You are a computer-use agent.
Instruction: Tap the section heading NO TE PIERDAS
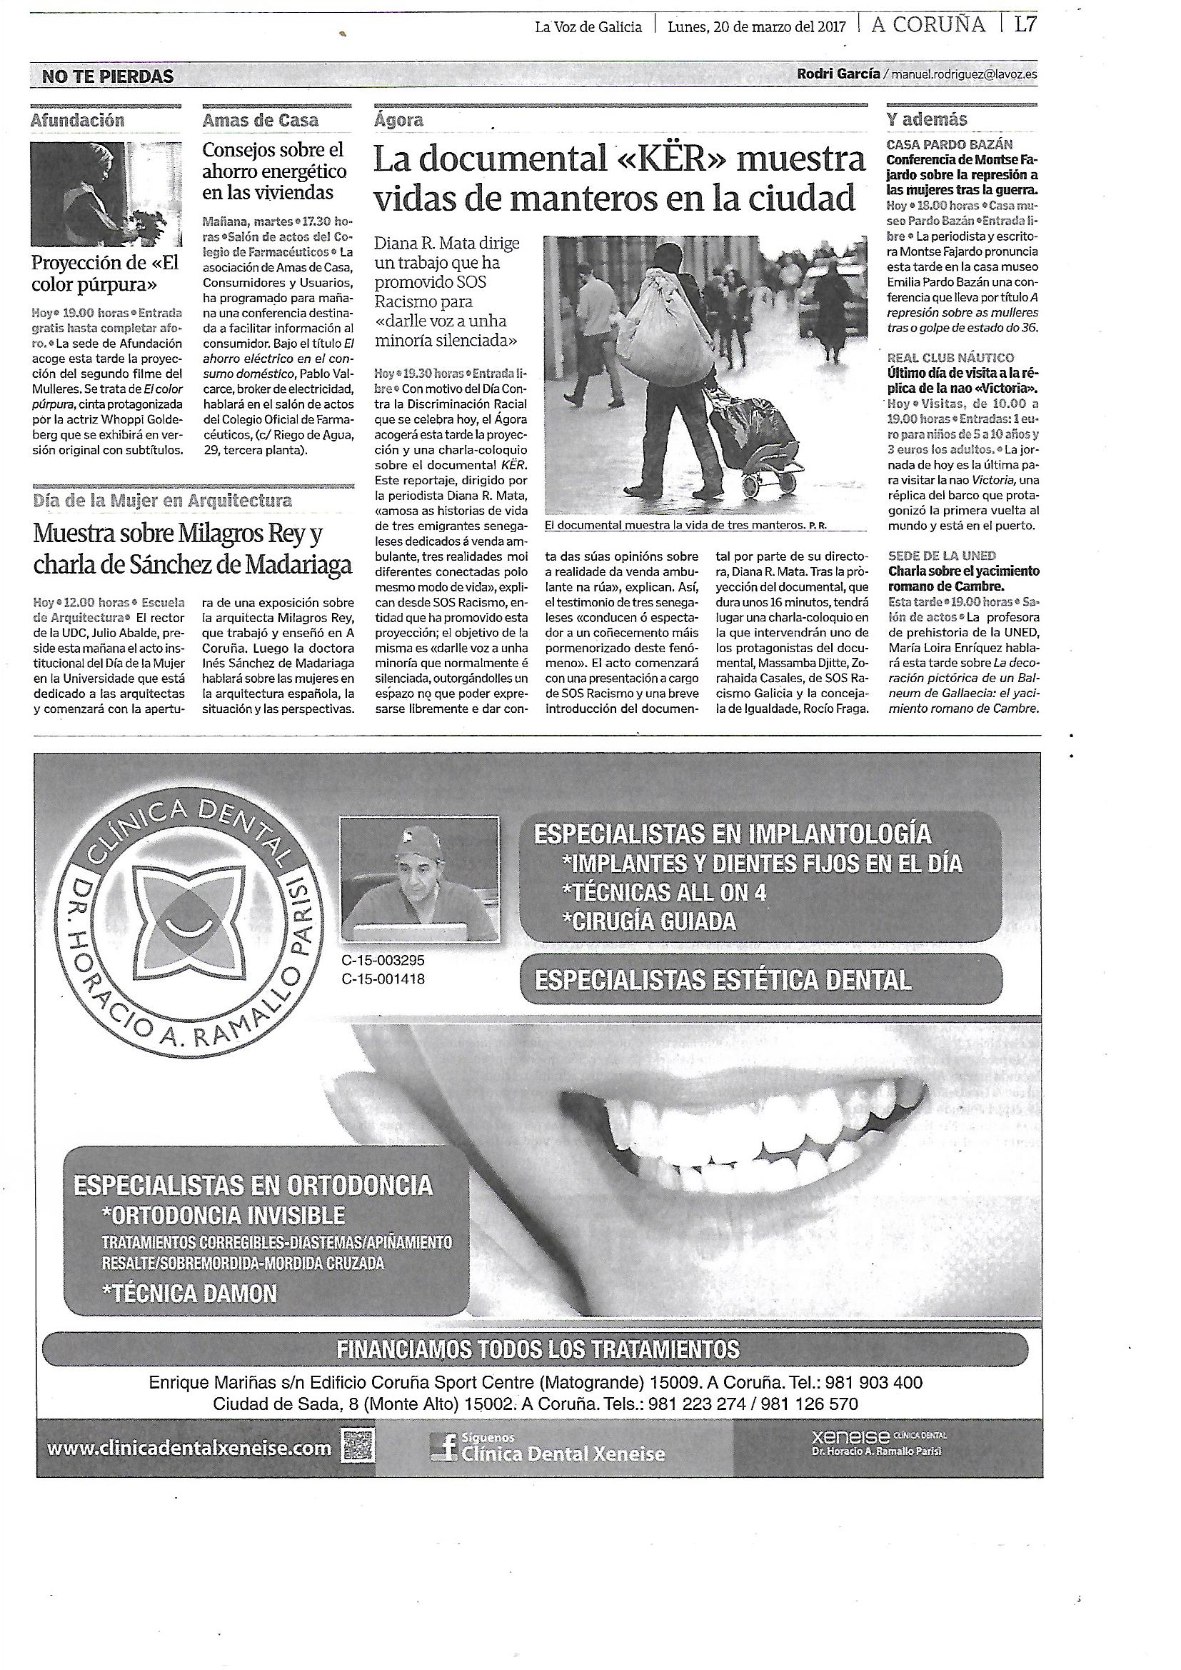[x=108, y=76]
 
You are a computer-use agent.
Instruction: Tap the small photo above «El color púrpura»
[x=104, y=194]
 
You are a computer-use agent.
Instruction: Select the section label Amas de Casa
[x=261, y=120]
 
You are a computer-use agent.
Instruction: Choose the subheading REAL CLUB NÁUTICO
[x=950, y=358]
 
